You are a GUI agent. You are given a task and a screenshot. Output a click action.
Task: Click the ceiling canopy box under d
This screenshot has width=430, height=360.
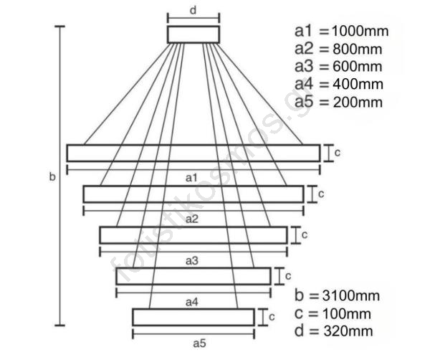(193, 34)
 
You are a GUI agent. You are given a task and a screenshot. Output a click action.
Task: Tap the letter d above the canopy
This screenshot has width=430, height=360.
(193, 10)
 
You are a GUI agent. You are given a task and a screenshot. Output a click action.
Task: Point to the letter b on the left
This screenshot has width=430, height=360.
(52, 176)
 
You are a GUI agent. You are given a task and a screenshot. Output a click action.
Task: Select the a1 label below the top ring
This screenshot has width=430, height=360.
(192, 176)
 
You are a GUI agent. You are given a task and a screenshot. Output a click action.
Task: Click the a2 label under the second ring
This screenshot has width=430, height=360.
(192, 218)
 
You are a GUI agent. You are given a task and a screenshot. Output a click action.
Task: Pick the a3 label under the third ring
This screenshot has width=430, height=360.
(192, 260)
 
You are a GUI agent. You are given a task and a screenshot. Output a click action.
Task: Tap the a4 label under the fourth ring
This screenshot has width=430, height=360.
(192, 302)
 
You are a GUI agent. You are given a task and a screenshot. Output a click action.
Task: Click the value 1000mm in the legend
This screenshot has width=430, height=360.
(357, 32)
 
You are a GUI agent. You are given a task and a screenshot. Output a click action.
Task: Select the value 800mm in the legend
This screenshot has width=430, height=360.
(355, 49)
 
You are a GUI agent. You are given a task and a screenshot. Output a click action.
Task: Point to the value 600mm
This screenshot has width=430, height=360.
(355, 67)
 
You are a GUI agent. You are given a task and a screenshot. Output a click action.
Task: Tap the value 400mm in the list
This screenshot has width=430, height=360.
(355, 84)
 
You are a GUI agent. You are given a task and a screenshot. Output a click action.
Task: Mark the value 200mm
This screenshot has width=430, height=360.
(355, 102)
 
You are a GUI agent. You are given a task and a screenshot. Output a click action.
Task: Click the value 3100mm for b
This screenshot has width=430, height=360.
(348, 295)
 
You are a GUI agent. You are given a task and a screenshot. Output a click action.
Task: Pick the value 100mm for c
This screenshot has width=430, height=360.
(344, 313)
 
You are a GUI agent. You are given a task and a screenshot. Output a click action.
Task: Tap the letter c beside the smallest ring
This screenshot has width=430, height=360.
(272, 316)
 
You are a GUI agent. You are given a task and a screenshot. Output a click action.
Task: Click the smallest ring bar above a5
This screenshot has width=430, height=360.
(193, 316)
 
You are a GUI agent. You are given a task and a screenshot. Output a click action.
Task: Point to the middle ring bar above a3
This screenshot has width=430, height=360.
(193, 235)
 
